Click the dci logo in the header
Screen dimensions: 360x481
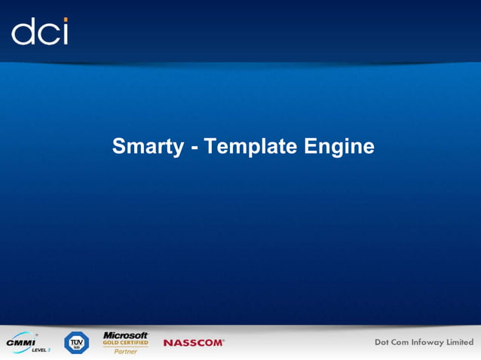pos(40,32)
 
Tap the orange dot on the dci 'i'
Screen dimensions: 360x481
pos(65,20)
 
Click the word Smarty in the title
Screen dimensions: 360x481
pos(147,147)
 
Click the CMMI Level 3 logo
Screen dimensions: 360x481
pos(26,343)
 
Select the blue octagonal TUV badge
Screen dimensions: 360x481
pos(76,343)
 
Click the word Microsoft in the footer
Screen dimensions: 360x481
pos(125,335)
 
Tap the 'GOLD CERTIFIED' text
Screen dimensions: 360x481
pos(125,343)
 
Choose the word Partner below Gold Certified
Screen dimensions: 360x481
pos(125,351)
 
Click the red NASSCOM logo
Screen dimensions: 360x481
pos(194,343)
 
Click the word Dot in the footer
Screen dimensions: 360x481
pos(384,343)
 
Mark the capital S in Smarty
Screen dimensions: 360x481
pos(118,147)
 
